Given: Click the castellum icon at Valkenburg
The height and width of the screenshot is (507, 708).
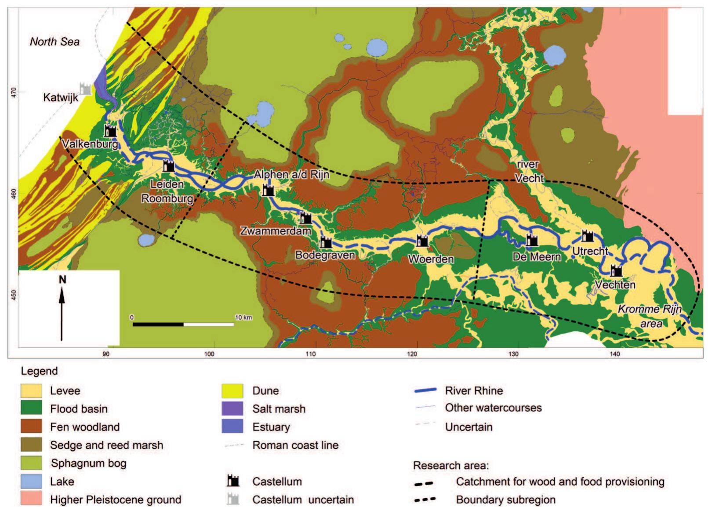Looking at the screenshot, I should pos(110,130).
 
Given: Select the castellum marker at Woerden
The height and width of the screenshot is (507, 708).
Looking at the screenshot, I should pos(422,241).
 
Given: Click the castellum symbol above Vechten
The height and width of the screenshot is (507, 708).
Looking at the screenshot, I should pos(617,270).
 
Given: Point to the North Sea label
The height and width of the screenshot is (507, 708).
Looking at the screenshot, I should pos(54,42).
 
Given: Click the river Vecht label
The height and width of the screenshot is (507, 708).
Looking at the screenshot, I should pos(529,171).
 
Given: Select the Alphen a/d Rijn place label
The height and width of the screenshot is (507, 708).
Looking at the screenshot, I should pos(291,175).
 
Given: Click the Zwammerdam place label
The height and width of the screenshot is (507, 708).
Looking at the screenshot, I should pos(276,230).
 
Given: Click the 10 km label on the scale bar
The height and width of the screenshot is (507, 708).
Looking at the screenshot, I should pos(243,317).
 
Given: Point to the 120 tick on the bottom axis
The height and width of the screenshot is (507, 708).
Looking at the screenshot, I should pos(413,354).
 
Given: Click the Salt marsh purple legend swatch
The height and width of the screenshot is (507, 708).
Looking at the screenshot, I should pos(232,409).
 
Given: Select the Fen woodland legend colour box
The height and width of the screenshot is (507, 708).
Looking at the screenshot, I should pos(31,427).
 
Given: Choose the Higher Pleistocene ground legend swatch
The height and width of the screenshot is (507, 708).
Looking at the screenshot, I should pos(31,499).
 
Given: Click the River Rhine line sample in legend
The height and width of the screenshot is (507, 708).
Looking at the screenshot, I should pos(425,390).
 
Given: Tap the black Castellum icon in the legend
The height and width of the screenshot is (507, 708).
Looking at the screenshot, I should pos(233,481).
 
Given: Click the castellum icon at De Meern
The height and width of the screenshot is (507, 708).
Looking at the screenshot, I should pos(532,240).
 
